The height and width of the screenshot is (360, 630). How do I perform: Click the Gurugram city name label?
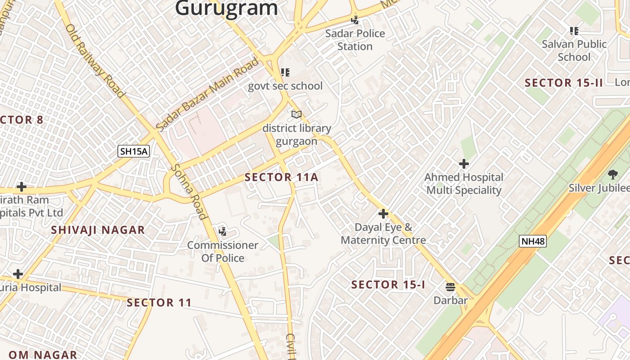(x=226, y=8)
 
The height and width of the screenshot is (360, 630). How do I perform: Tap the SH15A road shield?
(x=134, y=151)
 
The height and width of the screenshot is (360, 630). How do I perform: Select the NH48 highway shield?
(x=533, y=241)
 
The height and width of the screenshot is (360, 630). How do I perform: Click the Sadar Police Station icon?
(x=355, y=20)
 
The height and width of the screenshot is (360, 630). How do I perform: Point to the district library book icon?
(x=296, y=115)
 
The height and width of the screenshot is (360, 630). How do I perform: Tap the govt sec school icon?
(x=285, y=72)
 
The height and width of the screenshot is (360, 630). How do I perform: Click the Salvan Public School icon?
(x=574, y=31)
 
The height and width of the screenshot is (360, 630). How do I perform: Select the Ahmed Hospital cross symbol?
(x=463, y=164)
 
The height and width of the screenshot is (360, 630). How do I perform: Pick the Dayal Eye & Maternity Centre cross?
(x=383, y=214)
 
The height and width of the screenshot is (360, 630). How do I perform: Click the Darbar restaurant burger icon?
(x=450, y=287)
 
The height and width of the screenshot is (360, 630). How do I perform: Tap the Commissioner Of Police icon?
(x=222, y=232)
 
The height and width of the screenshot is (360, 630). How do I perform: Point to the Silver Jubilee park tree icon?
(x=612, y=175)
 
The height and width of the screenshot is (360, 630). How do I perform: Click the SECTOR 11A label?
(x=281, y=177)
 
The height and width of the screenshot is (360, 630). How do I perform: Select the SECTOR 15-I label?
(x=388, y=285)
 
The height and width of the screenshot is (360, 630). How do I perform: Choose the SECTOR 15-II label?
(x=563, y=83)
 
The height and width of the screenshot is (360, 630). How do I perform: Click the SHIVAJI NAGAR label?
(x=98, y=230)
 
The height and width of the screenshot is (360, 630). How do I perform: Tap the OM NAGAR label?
(x=43, y=355)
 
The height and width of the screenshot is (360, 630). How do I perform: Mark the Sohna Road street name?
(x=189, y=192)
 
